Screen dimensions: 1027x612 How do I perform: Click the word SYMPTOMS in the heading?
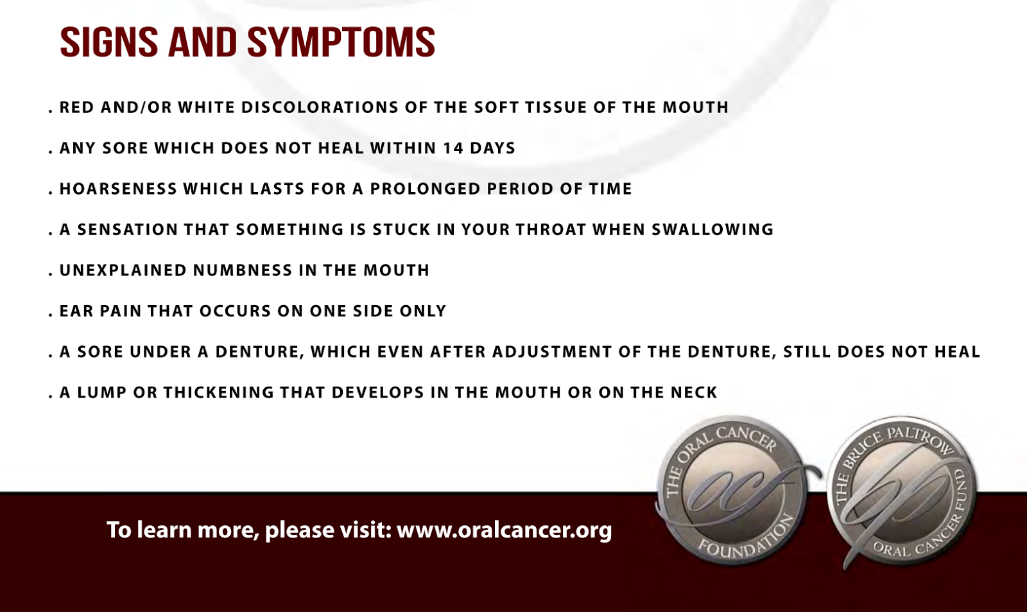click(x=341, y=42)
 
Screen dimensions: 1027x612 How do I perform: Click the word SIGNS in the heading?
click(x=109, y=42)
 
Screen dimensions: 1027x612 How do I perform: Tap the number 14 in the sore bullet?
click(x=453, y=148)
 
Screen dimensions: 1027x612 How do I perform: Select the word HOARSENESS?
click(x=118, y=189)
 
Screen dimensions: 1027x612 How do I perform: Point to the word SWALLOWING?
click(x=712, y=229)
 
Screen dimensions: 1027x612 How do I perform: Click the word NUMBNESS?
click(x=243, y=270)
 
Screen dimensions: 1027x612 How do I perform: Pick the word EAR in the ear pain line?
click(x=76, y=311)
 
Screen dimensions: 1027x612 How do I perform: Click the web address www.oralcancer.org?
click(x=505, y=530)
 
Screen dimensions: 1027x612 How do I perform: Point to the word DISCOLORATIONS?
click(x=320, y=107)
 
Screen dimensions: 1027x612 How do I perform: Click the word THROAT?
click(x=551, y=229)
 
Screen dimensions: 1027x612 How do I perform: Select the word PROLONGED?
click(x=426, y=189)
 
